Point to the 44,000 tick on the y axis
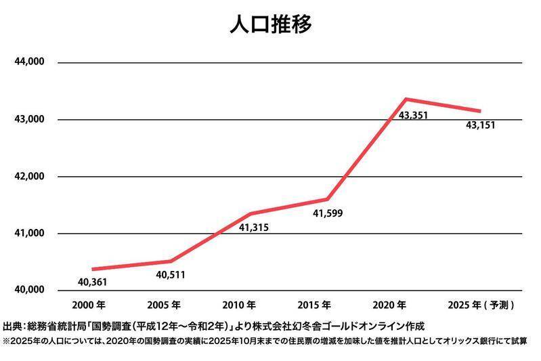tap(29, 62)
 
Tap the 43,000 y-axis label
tap(29, 119)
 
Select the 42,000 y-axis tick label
tap(29, 176)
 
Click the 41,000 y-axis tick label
tap(29, 233)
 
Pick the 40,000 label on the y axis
tap(29, 290)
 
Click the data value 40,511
tap(171, 275)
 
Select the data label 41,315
tap(254, 228)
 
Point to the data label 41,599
tap(327, 214)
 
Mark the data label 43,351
tap(413, 116)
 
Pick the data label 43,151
tap(481, 125)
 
